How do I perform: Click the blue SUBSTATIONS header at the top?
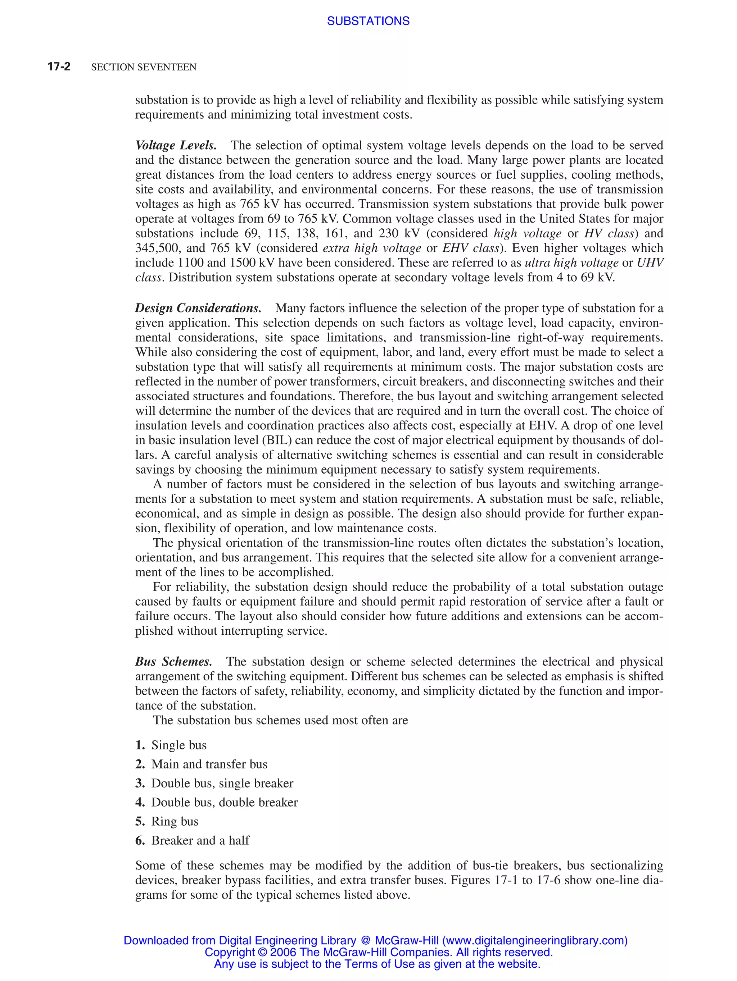[368, 21]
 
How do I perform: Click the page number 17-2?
[59, 67]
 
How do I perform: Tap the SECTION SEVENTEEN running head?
[143, 67]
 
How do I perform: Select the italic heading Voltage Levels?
[176, 146]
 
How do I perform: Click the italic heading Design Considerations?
[198, 308]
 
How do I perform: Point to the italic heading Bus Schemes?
[173, 662]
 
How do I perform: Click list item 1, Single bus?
[178, 745]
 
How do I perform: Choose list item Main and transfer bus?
[209, 764]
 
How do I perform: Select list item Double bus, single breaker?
[222, 783]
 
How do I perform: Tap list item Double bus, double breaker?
[224, 802]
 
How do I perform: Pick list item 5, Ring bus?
[175, 821]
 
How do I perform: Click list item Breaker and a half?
[200, 840]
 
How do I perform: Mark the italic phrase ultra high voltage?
[571, 263]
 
